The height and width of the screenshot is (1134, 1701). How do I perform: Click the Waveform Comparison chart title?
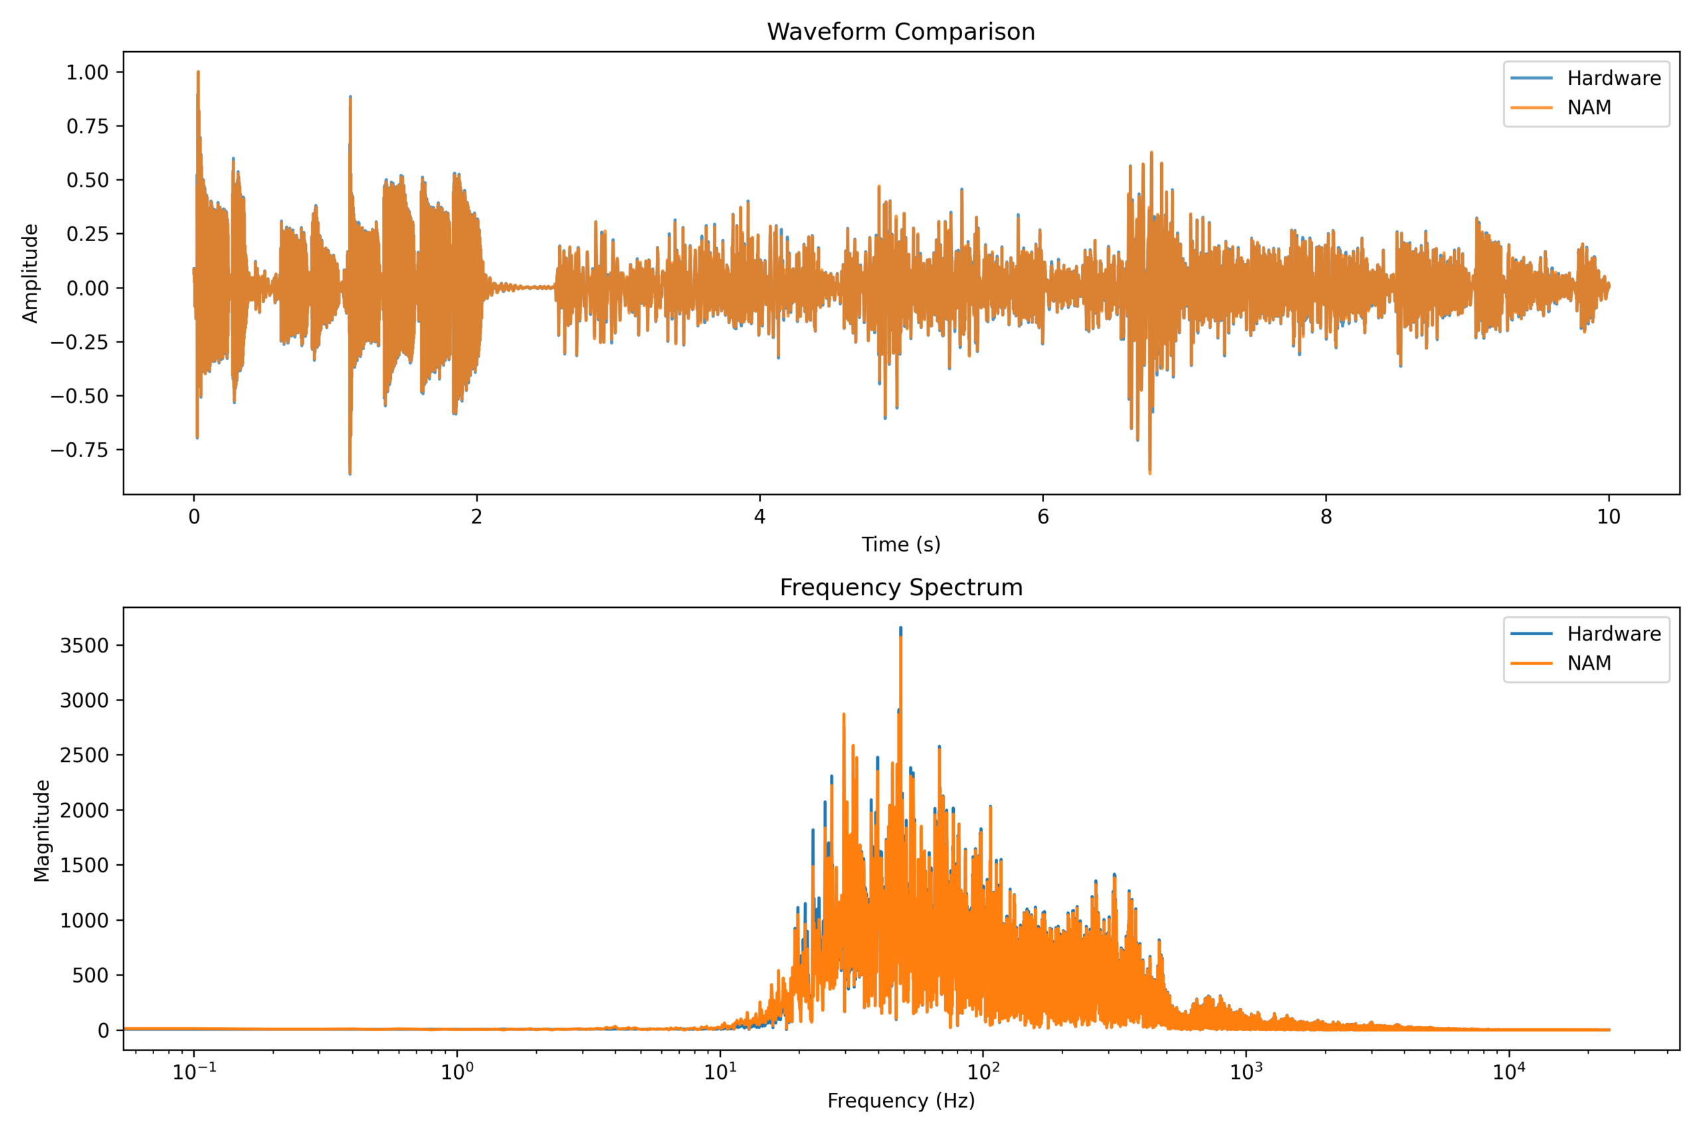[x=900, y=32]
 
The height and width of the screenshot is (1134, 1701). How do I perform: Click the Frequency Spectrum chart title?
[x=900, y=587]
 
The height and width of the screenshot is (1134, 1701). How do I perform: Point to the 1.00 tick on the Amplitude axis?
[x=87, y=72]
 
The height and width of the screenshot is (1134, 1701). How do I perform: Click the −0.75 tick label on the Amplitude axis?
[x=79, y=450]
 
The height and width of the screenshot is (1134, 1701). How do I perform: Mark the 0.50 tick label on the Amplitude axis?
[x=87, y=180]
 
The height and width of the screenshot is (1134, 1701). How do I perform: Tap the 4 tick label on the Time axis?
[x=759, y=516]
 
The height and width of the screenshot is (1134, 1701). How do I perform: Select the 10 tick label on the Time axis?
[x=1609, y=516]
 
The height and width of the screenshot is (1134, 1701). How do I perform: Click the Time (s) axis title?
[x=900, y=545]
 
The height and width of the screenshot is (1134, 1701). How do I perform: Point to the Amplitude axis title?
[x=31, y=274]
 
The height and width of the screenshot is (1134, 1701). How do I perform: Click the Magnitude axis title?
[x=42, y=830]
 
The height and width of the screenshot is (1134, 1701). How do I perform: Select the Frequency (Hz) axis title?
[x=900, y=1101]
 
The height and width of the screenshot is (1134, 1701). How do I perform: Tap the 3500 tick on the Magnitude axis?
[x=84, y=645]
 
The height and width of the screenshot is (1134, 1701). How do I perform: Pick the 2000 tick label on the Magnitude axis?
[x=84, y=810]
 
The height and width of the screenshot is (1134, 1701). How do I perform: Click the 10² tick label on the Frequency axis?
[x=982, y=1072]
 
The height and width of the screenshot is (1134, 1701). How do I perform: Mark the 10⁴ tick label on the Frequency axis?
[x=1508, y=1072]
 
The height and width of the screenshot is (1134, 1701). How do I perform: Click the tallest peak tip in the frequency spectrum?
[x=900, y=628]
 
